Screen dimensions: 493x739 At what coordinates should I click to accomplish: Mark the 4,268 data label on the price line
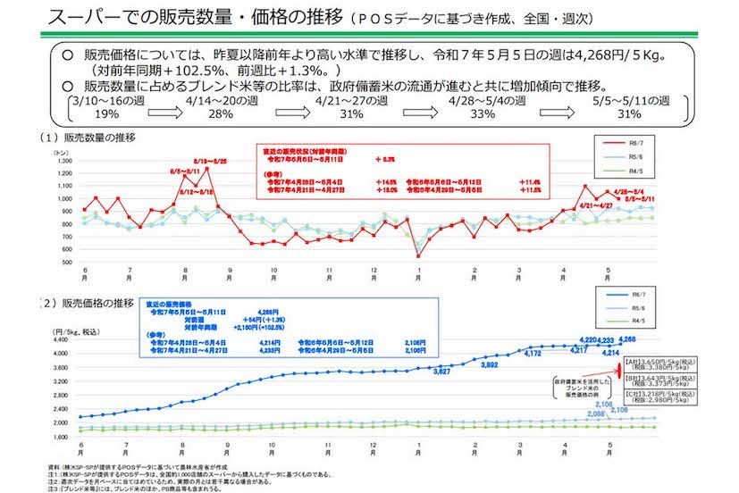click(x=627, y=339)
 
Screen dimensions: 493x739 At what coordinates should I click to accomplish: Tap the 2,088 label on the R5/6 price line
click(x=572, y=414)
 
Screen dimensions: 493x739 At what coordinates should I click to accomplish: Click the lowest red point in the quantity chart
click(x=418, y=256)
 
